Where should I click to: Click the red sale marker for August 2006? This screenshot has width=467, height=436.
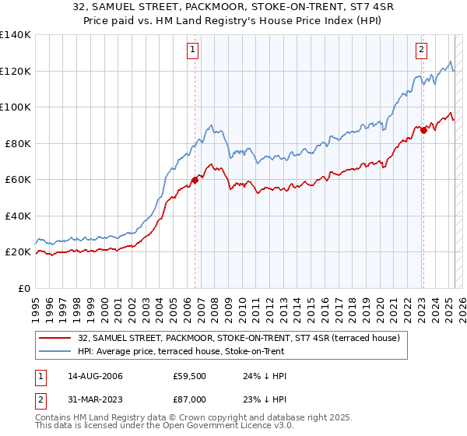click(x=195, y=180)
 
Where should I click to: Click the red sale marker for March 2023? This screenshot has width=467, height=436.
click(x=423, y=130)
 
